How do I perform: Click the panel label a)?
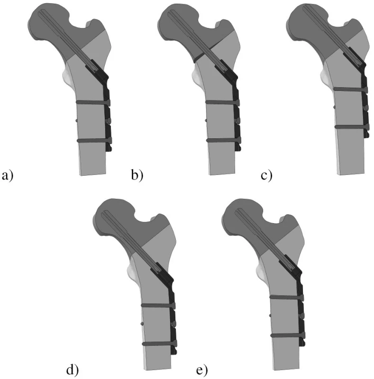[8, 175]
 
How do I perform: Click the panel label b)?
[137, 175]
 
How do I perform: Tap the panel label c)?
[266, 176]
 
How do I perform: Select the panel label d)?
[73, 370]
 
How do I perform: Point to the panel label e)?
[202, 370]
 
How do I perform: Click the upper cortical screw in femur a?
[93, 102]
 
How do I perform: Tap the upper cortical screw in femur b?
[223, 102]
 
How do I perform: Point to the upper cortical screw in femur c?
[350, 90]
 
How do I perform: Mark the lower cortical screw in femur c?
[352, 127]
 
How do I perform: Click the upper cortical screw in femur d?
[158, 306]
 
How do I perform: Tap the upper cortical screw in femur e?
[287, 297]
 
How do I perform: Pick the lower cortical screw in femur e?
[288, 335]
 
